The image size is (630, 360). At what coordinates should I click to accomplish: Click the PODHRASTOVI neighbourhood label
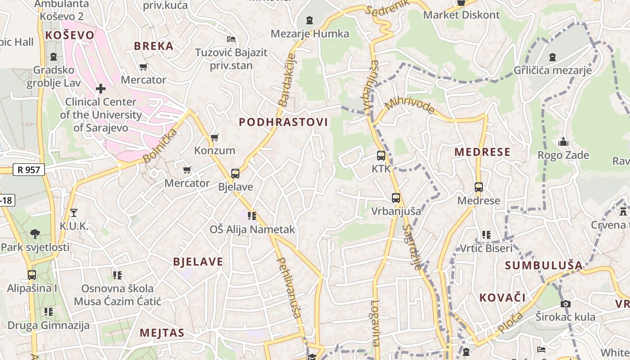point(283,122)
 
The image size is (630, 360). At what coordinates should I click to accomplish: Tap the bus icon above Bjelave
point(235,174)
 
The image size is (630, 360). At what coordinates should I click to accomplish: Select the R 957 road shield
point(29,170)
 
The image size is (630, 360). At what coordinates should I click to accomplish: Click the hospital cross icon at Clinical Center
point(101,89)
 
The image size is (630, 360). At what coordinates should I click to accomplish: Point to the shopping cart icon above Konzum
point(215,137)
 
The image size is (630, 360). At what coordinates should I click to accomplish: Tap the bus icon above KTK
point(381,156)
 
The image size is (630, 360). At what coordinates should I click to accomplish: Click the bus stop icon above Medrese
point(478,187)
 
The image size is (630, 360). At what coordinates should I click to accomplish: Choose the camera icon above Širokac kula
point(566,304)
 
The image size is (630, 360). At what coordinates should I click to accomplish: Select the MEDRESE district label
point(482,152)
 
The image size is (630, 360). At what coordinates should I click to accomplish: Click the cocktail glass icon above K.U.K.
point(74,212)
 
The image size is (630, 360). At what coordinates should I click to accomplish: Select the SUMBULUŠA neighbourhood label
point(544,265)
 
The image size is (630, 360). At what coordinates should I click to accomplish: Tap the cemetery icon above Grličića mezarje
point(553,57)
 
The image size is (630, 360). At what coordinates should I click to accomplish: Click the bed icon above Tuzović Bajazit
point(231,39)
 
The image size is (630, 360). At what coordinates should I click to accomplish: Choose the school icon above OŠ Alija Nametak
point(252,216)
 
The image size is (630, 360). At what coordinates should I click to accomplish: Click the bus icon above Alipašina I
point(31,275)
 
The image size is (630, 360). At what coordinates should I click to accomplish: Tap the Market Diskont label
point(461,15)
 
